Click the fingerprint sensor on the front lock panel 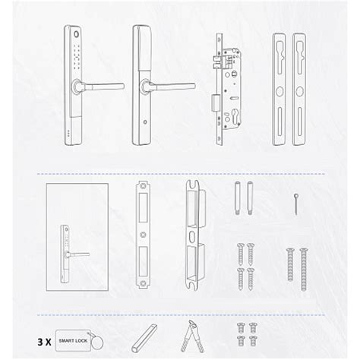(x=77, y=34)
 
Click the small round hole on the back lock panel (x=145, y=122)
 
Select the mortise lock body (x=226, y=90)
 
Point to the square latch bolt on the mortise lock (x=216, y=103)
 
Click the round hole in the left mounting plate (x=279, y=91)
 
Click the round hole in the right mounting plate (x=299, y=91)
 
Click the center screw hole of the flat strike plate (x=143, y=235)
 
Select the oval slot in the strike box (x=191, y=236)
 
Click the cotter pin (x=295, y=204)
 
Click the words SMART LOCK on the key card (x=73, y=341)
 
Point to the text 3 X (x=44, y=343)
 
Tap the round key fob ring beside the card (x=97, y=343)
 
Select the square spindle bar (x=144, y=338)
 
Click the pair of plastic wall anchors (x=193, y=336)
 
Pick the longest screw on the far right (x=303, y=270)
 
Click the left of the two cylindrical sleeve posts (x=237, y=198)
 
